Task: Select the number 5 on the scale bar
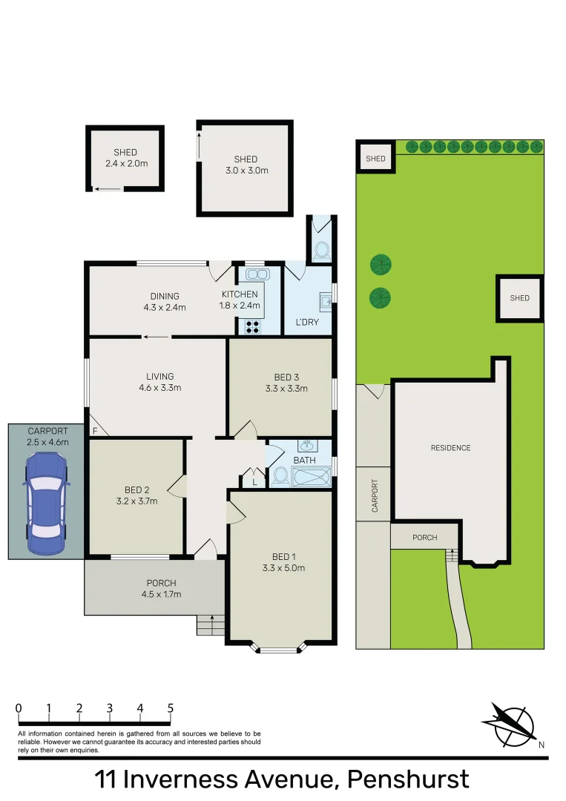tap(171, 708)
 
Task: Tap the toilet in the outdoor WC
tap(322, 251)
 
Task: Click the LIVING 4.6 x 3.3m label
tap(160, 382)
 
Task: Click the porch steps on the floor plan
tap(211, 625)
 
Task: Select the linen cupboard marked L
tap(254, 481)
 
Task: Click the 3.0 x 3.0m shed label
tap(246, 165)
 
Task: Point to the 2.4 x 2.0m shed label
tap(125, 158)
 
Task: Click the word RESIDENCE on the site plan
tap(450, 448)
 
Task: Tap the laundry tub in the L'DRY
tap(325, 302)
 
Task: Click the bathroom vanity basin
tap(306, 446)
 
